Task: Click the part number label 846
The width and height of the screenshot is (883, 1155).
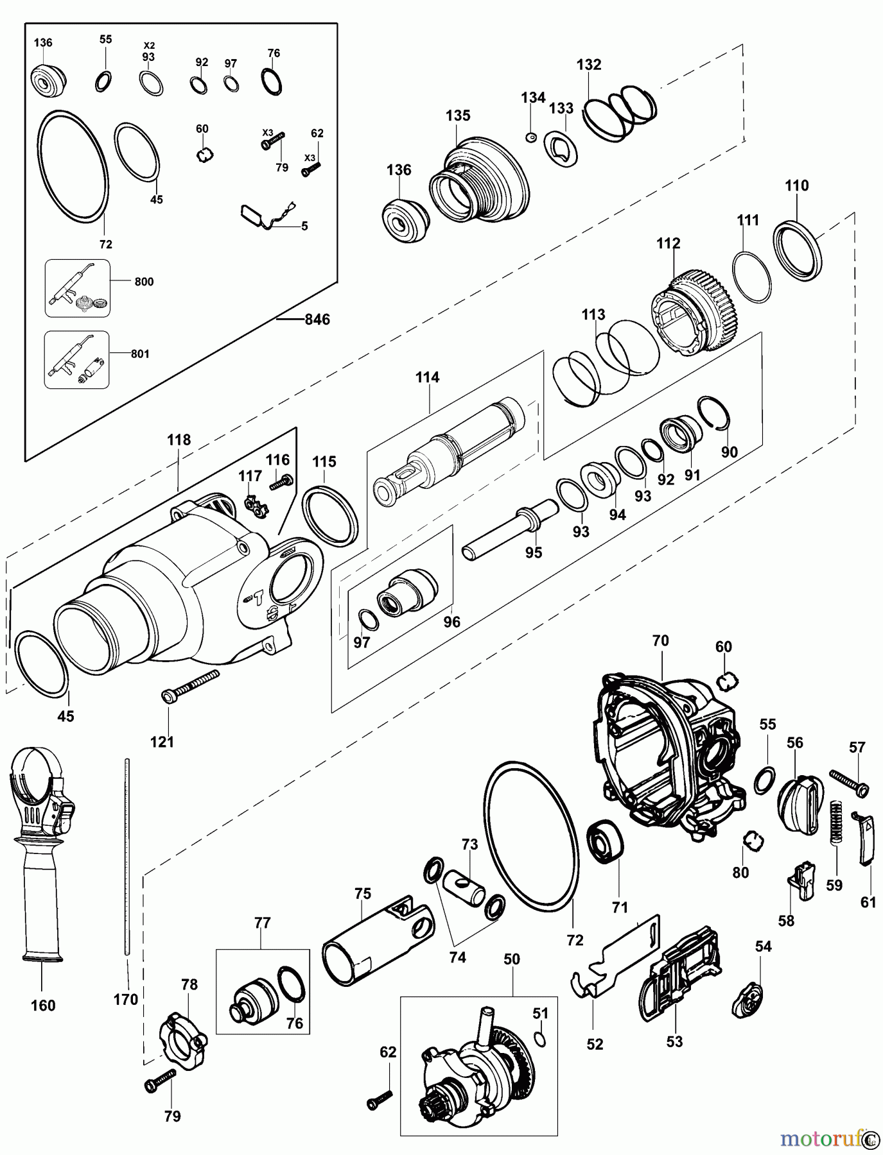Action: pyautogui.click(x=317, y=319)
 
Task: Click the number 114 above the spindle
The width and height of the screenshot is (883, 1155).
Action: pyautogui.click(x=427, y=377)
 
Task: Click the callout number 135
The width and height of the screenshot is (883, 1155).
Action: pyautogui.click(x=458, y=116)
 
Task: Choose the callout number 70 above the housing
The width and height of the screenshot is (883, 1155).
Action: pyautogui.click(x=660, y=640)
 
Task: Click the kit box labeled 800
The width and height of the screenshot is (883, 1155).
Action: pyautogui.click(x=78, y=288)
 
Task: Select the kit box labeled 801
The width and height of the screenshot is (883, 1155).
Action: pyautogui.click(x=77, y=359)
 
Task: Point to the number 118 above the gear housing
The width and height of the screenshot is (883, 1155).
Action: pyautogui.click(x=179, y=440)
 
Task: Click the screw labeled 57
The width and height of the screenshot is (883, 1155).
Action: pyautogui.click(x=849, y=781)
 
